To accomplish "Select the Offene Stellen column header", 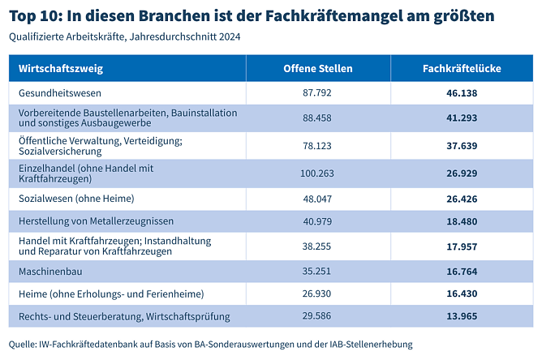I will (318, 69).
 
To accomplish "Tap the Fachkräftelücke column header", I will (462, 69).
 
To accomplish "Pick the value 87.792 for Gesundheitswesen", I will (318, 94).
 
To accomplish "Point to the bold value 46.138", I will (462, 94).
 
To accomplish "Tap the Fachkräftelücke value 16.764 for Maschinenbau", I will (462, 271).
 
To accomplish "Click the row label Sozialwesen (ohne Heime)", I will (75, 198).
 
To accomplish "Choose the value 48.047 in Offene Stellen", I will (318, 198).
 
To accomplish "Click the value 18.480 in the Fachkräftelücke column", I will (462, 221).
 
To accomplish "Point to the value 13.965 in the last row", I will (462, 315).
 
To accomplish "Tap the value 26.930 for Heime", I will (318, 293).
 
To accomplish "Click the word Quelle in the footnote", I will (22, 344).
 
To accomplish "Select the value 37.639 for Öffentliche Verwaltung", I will (462, 146).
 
